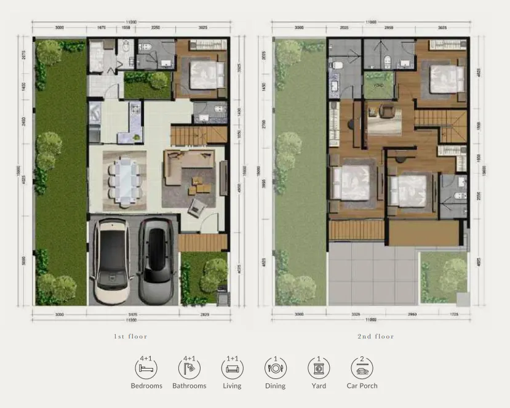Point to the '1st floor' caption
[131, 337]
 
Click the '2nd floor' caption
[376, 337]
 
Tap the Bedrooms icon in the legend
[146, 369]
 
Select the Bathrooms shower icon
[189, 369]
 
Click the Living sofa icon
[233, 369]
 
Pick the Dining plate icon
[276, 369]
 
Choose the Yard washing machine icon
[319, 369]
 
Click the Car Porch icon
[362, 369]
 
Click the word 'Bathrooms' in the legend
[189, 386]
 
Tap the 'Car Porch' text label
[362, 386]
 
